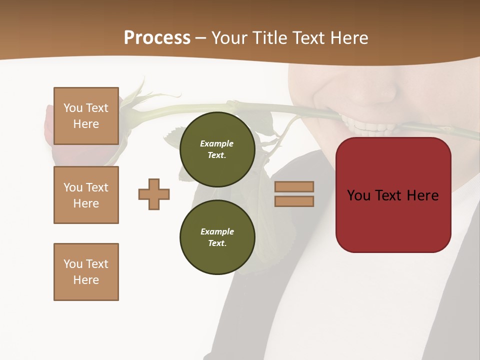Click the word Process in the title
(157, 38)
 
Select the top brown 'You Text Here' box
(86, 116)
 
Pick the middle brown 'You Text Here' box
(86, 195)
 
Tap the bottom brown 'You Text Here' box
(86, 271)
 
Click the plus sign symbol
(154, 194)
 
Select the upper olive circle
(217, 149)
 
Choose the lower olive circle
(217, 237)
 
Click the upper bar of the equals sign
(294, 186)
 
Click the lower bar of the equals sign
(294, 201)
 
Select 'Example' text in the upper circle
(216, 143)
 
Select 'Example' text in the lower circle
(217, 231)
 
